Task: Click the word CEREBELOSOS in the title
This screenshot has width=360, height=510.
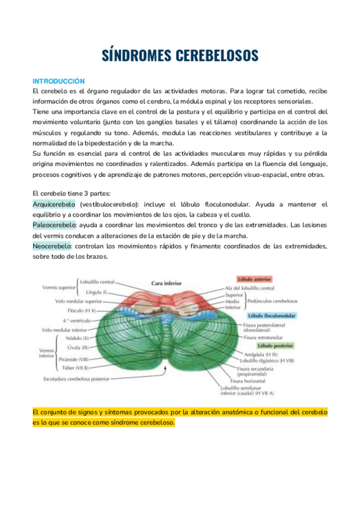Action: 217,55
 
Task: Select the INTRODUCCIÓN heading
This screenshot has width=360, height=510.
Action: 58,81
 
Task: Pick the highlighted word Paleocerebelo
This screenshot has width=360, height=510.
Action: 53,225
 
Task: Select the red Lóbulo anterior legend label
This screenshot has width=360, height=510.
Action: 254,280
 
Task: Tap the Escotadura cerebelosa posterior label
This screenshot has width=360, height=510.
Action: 76,379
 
